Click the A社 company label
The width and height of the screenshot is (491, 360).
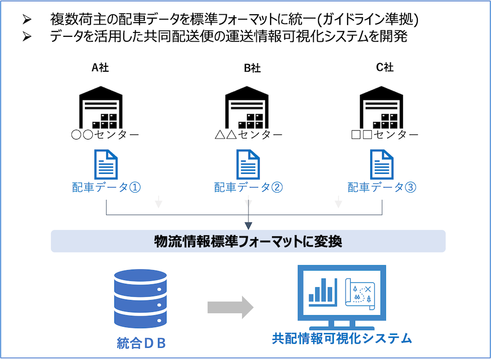[x=100, y=68]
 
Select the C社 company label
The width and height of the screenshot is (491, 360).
[x=384, y=68]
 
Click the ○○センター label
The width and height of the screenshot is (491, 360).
[x=105, y=135]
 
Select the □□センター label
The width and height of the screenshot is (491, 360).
[x=385, y=135]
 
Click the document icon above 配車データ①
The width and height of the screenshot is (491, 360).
[x=105, y=165]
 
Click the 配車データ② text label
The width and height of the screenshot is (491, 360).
[x=248, y=187]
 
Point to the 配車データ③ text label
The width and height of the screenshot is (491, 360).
[x=382, y=187]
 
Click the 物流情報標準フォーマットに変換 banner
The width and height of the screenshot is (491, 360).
[x=248, y=241]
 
